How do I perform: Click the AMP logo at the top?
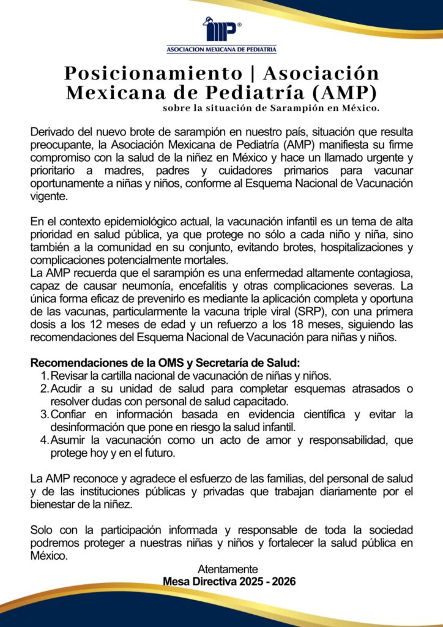tap(221, 30)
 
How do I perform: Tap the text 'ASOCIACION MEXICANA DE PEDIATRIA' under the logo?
tap(221, 49)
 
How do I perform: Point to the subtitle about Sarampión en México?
tap(271, 109)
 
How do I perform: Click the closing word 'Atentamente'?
tap(228, 569)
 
